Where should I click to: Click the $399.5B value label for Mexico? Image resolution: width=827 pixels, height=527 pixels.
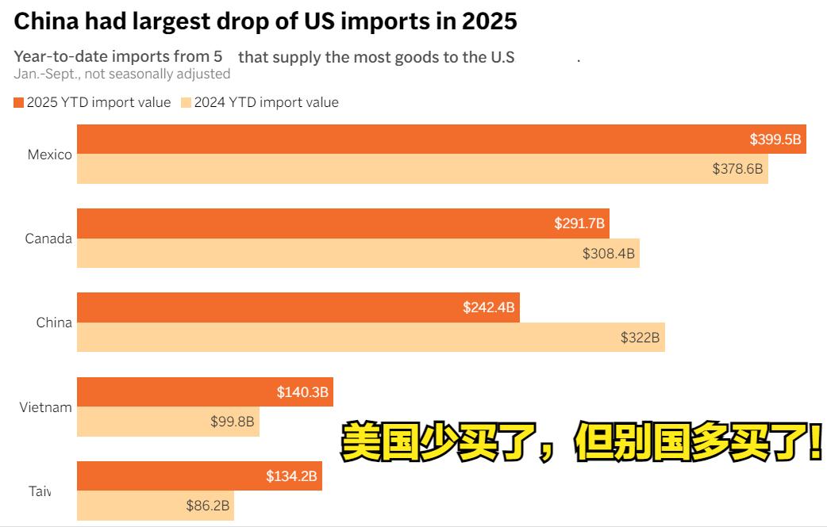(775, 140)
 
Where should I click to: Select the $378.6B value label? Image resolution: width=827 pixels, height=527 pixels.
(737, 169)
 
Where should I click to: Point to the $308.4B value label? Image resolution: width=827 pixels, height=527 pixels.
(609, 254)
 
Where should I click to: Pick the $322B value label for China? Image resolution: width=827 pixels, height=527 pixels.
(640, 338)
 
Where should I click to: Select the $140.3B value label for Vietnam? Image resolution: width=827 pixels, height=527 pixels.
(302, 391)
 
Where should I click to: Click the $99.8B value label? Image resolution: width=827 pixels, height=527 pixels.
(232, 422)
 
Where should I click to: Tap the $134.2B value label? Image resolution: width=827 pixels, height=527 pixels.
(291, 476)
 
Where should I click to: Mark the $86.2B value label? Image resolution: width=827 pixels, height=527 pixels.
(208, 506)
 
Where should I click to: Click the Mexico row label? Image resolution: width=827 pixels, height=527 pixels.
(49, 155)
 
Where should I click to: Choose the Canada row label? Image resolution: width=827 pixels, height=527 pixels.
(48, 239)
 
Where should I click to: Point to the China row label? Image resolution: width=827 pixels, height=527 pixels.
(54, 323)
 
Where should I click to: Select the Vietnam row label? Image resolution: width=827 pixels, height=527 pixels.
(46, 407)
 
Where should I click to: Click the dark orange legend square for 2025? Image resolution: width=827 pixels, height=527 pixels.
(19, 102)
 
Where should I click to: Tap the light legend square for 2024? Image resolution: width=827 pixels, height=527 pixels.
(187, 102)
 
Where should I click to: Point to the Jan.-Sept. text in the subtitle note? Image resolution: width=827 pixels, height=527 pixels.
(44, 74)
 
